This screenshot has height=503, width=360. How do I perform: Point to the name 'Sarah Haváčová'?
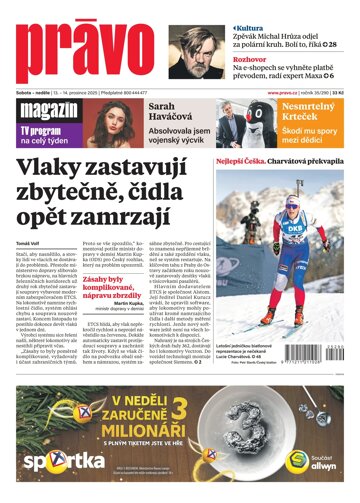171,115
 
